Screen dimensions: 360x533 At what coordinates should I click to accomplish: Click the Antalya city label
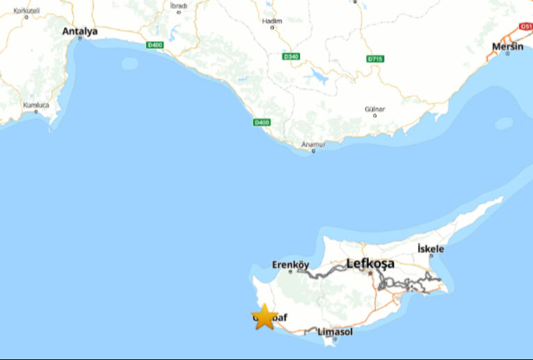(x=80, y=31)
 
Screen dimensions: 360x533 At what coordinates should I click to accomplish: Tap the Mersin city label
(x=507, y=46)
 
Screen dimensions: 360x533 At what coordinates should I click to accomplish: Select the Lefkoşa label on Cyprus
(x=370, y=264)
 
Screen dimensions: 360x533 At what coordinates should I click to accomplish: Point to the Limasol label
(x=335, y=331)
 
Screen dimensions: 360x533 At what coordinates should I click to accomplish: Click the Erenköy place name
(x=290, y=265)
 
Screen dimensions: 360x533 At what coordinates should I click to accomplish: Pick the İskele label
(x=430, y=249)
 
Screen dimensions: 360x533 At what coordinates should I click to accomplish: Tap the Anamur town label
(x=313, y=144)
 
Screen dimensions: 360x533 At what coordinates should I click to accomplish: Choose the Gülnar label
(x=374, y=109)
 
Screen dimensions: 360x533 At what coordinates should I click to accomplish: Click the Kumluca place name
(x=36, y=104)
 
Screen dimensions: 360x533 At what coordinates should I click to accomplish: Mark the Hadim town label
(x=272, y=21)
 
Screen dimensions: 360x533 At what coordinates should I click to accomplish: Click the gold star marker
(x=264, y=317)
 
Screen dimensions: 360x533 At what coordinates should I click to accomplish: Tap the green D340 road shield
(x=291, y=56)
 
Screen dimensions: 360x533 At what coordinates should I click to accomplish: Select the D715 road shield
(x=375, y=59)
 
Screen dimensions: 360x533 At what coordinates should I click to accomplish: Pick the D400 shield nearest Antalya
(x=154, y=46)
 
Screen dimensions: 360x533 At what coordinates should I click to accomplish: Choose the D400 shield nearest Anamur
(x=262, y=123)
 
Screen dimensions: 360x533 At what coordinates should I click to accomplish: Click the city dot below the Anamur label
(x=313, y=150)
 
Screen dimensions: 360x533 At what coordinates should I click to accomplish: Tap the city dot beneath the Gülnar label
(x=374, y=116)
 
